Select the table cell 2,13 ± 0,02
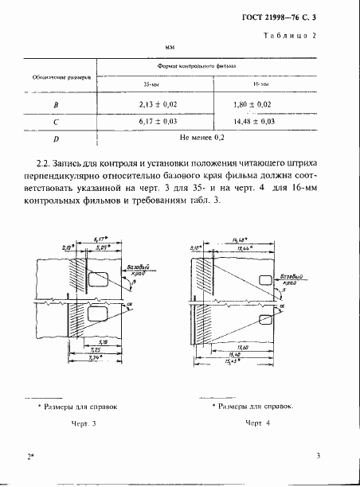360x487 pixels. click(151, 103)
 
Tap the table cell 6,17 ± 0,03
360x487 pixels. click(151, 121)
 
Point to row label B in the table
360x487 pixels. click(56, 104)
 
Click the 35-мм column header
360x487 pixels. click(151, 84)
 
